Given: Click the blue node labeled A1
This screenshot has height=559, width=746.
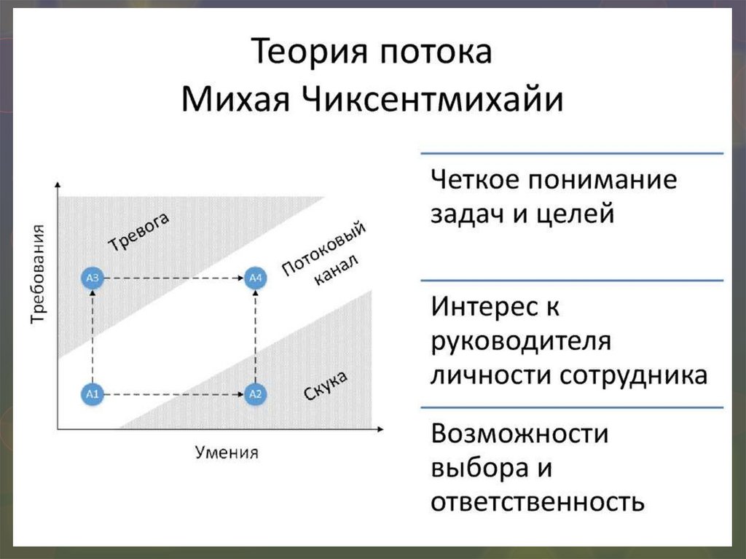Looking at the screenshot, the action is click(x=92, y=394).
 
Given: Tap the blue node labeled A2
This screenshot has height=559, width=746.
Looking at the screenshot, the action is click(x=255, y=394).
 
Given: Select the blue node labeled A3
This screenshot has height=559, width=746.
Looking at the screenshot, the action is click(x=92, y=278).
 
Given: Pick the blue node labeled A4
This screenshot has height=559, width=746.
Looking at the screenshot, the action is click(x=255, y=278).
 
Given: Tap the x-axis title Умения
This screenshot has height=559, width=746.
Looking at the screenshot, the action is click(x=227, y=452).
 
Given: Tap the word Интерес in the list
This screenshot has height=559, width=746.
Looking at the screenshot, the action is click(x=478, y=306).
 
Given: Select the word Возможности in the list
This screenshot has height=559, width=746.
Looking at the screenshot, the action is click(x=519, y=434).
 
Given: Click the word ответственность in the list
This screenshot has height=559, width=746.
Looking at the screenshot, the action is click(x=537, y=502).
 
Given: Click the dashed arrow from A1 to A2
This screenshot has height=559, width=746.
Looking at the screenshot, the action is click(x=173, y=394).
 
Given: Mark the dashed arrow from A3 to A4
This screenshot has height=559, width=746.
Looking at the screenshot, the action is click(x=173, y=278).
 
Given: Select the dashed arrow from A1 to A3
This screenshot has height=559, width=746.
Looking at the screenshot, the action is click(x=92, y=336).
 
